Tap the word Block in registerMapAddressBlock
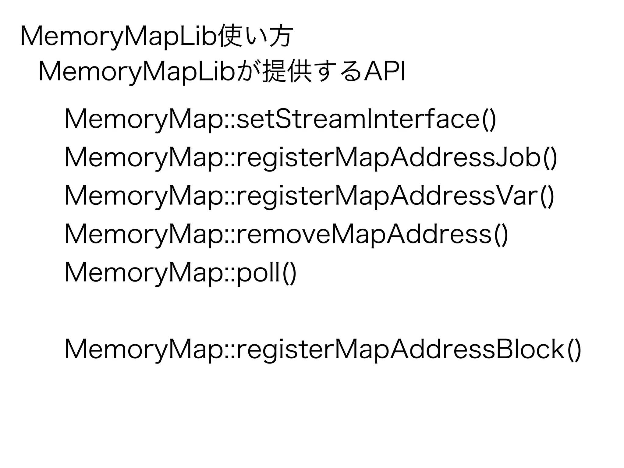tap(530, 350)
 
